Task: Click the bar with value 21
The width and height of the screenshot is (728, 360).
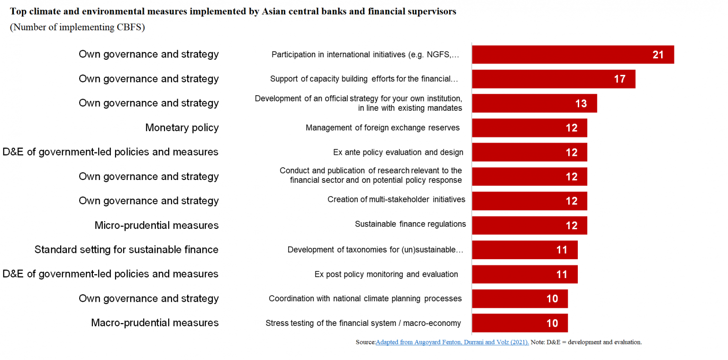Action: point(573,54)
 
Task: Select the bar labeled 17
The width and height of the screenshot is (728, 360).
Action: point(553,79)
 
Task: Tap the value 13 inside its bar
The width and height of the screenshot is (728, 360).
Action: point(581,103)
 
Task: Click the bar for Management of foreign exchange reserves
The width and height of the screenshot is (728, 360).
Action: point(529,128)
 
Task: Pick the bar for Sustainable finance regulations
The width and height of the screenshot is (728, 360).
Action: point(529,225)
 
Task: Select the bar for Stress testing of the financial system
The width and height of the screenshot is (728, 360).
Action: point(519,323)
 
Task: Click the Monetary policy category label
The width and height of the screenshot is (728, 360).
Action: point(182,127)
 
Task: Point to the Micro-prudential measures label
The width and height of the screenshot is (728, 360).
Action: point(156,225)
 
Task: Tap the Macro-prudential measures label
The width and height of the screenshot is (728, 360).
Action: point(155,323)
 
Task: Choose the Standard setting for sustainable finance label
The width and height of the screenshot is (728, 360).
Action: point(127,249)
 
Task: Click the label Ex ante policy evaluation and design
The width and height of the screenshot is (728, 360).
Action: point(398,152)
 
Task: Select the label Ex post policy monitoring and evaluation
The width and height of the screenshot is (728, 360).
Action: point(386,274)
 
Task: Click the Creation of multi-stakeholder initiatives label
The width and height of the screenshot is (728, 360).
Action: point(396,199)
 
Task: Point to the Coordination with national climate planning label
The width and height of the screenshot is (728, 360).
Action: point(365,298)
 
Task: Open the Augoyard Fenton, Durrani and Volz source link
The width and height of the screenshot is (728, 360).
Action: point(452,342)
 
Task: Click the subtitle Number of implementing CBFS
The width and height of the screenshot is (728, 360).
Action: point(77,27)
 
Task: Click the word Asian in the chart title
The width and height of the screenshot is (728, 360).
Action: point(274,12)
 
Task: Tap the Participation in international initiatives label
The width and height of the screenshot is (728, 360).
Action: point(365,54)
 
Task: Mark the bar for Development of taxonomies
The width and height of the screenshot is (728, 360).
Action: point(524,250)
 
